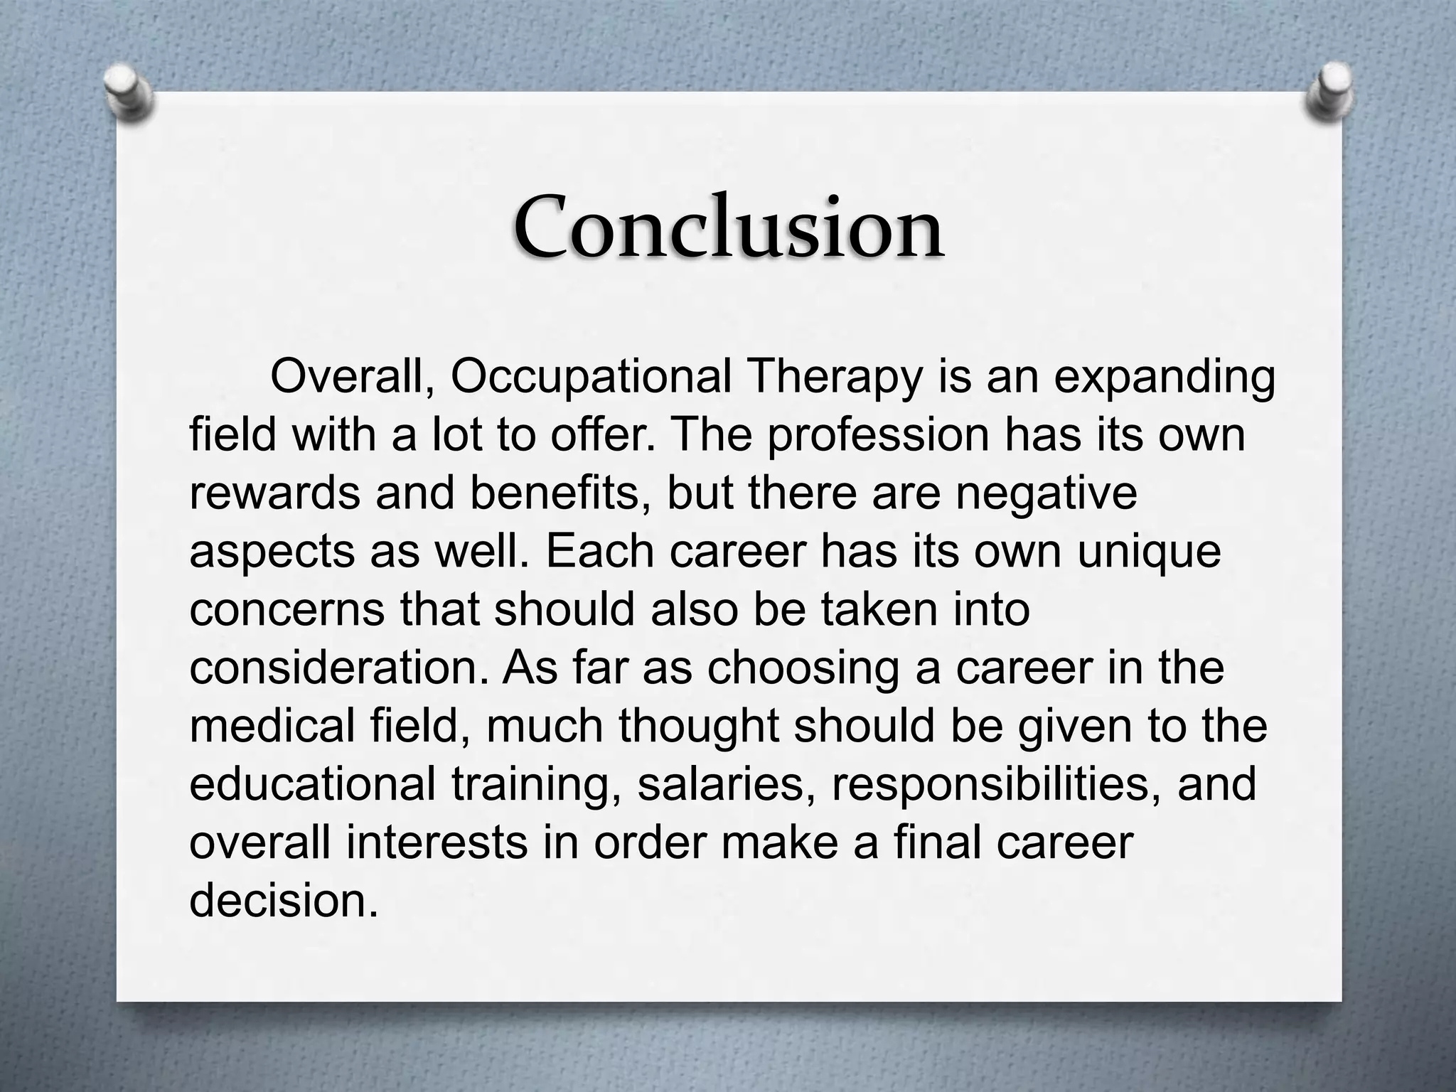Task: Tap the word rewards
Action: coord(274,493)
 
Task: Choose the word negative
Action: coord(1046,493)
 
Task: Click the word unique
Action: coord(1149,552)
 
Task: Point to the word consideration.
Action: coord(340,668)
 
